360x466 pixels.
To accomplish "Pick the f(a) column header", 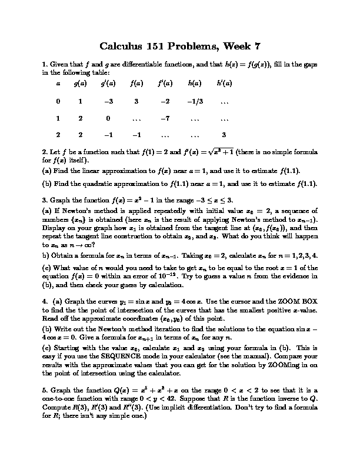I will click(136, 84).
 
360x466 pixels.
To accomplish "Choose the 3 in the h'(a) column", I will click(224, 135).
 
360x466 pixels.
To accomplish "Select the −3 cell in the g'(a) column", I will click(108, 101).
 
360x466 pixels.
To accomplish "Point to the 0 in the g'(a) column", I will click(108, 118).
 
